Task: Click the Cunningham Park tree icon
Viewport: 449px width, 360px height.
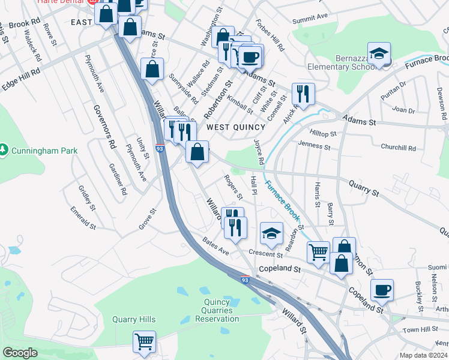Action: (5, 148)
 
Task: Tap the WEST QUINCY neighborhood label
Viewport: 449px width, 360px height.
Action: (236, 127)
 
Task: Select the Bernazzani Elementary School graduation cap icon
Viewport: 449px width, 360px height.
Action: (379, 54)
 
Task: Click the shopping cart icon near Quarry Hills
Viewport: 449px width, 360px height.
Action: (144, 342)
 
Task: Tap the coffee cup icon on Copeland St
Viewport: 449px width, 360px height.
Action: (382, 291)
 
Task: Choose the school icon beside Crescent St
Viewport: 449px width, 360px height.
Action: (271, 233)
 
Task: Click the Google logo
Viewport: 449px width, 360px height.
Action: (20, 353)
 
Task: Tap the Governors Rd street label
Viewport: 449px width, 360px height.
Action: (103, 127)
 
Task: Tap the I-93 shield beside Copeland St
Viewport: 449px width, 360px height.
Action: (245, 280)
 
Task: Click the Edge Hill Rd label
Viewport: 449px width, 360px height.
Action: (20, 79)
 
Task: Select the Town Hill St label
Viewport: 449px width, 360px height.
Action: (419, 331)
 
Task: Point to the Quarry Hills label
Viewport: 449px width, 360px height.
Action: (133, 319)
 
